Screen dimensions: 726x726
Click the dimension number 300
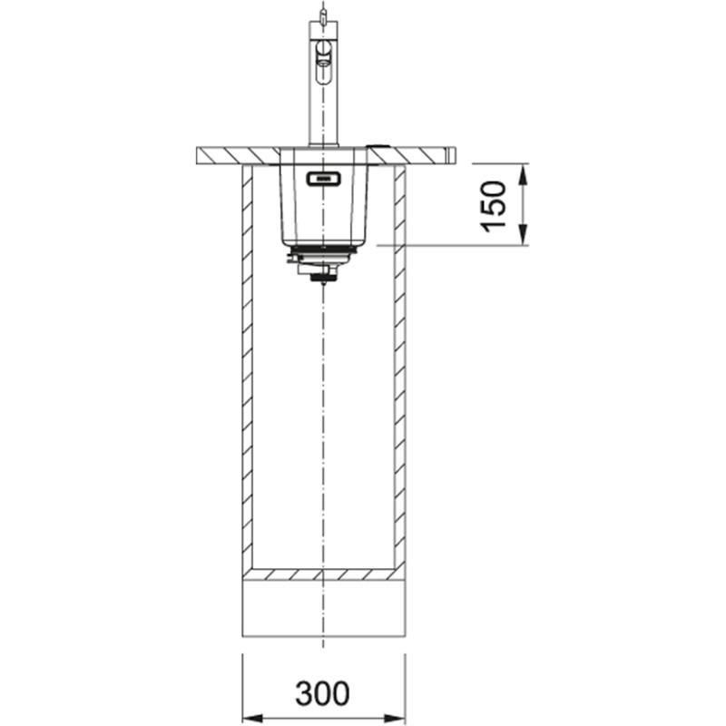tap(322, 693)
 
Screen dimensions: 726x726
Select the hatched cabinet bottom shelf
tap(323, 574)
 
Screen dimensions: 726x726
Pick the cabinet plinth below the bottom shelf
tap(323, 608)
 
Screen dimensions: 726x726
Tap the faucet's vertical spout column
tap(323, 109)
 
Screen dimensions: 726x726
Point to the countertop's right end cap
tap(451, 155)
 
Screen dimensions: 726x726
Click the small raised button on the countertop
tap(378, 145)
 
